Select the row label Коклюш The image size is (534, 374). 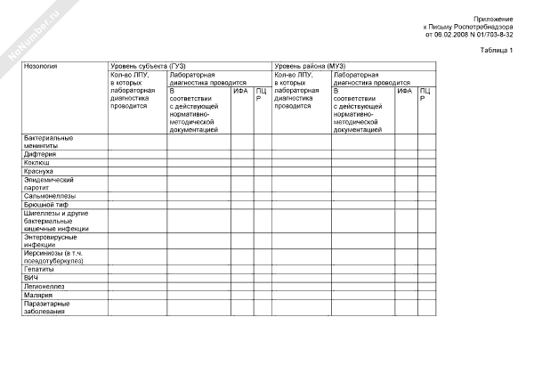[x=37, y=163]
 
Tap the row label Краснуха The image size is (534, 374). [x=39, y=171]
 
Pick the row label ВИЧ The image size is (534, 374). [x=31, y=278]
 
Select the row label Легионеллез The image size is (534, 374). [x=44, y=286]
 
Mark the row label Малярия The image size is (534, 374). [x=39, y=295]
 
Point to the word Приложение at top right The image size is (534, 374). [x=493, y=19]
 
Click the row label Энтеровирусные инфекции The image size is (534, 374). [x=50, y=241]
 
